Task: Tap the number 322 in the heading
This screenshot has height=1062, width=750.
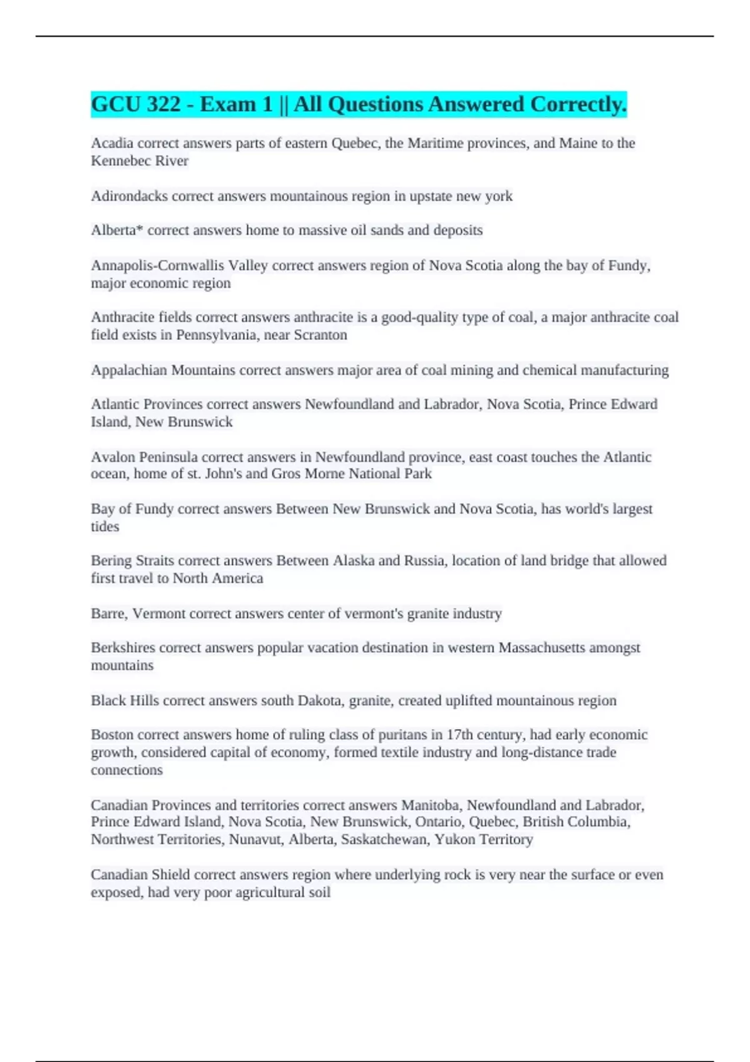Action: [x=164, y=104]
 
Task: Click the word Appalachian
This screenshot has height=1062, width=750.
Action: [x=129, y=370]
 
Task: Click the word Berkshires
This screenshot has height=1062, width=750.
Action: [x=123, y=648]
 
